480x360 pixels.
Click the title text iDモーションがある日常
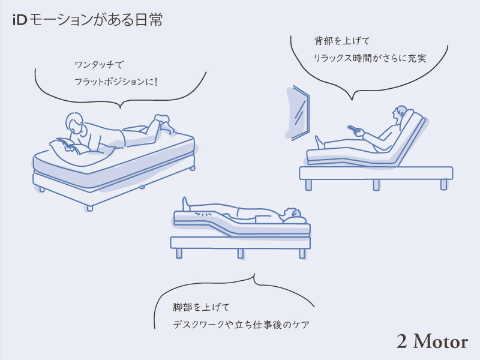pyautogui.click(x=87, y=20)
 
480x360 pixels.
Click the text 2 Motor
pyautogui.click(x=431, y=341)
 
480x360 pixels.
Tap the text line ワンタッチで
pyautogui.click(x=101, y=64)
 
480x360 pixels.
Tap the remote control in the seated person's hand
pyautogui.click(x=355, y=130)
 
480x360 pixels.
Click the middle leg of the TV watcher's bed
pyautogui.click(x=376, y=184)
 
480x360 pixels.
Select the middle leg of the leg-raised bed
pyautogui.click(x=241, y=253)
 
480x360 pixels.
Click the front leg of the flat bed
pyautogui.click(x=89, y=207)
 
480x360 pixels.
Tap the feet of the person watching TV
pyautogui.click(x=319, y=142)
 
